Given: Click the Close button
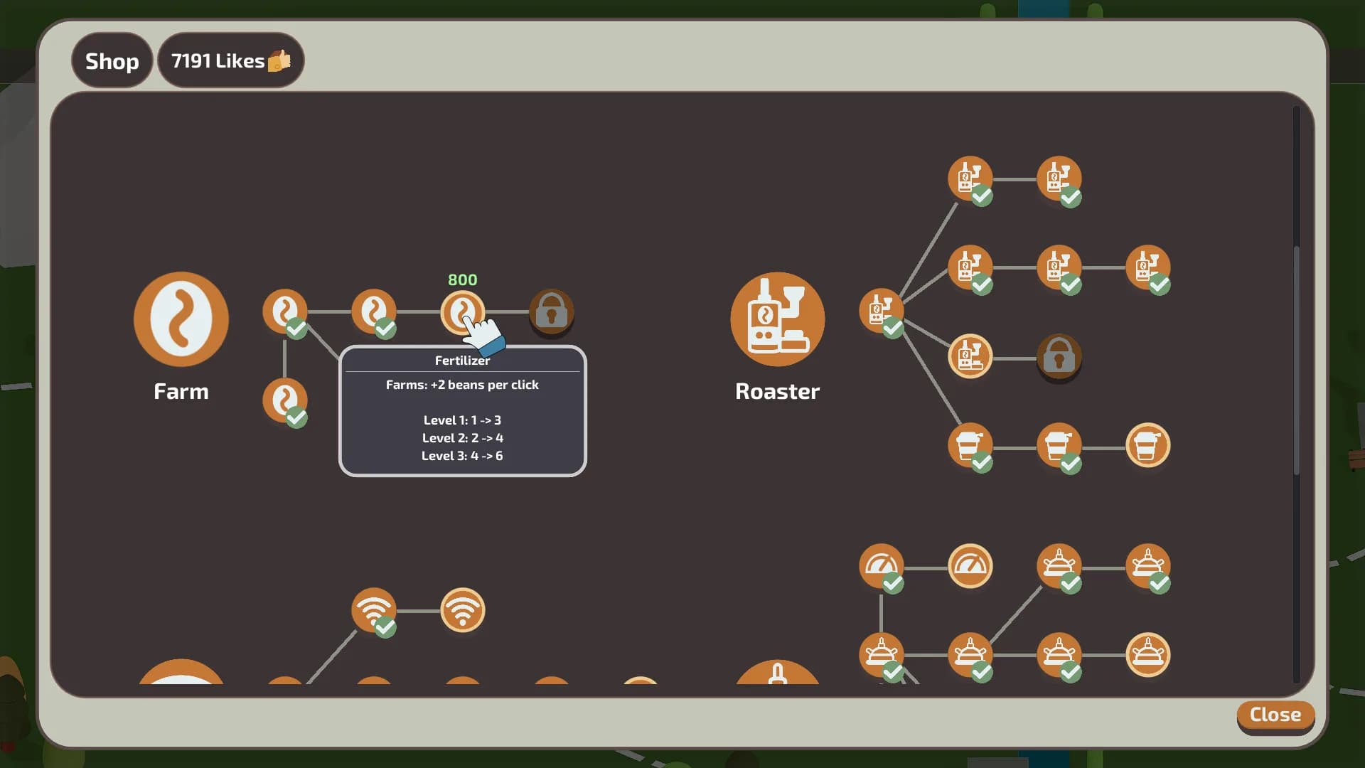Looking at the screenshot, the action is point(1275,715).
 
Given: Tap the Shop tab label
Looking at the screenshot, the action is point(112,61).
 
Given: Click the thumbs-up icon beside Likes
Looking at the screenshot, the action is point(279,60).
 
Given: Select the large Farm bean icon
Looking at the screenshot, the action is point(181,319).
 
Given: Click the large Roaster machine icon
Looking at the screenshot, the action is point(778,319).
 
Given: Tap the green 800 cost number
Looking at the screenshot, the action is point(463,279).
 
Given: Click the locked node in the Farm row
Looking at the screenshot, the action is point(552,311).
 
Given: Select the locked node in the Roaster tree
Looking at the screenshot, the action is point(1059,356).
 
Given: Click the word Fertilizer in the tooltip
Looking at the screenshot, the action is point(463,361).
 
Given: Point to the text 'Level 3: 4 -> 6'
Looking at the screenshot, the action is point(462,456).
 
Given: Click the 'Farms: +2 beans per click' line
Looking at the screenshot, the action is point(462,385).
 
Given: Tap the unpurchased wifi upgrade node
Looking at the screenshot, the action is point(463,610).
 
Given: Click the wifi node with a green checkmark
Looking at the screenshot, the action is point(374,610).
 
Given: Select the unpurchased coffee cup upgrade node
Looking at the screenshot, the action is point(1148,446).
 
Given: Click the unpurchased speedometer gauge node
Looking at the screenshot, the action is point(970,566).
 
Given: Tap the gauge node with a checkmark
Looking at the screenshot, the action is point(882,566).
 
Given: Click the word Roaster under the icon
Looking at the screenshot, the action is point(777,391).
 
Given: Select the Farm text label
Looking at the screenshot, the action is point(181,391).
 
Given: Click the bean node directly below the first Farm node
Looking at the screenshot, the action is point(285,400).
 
